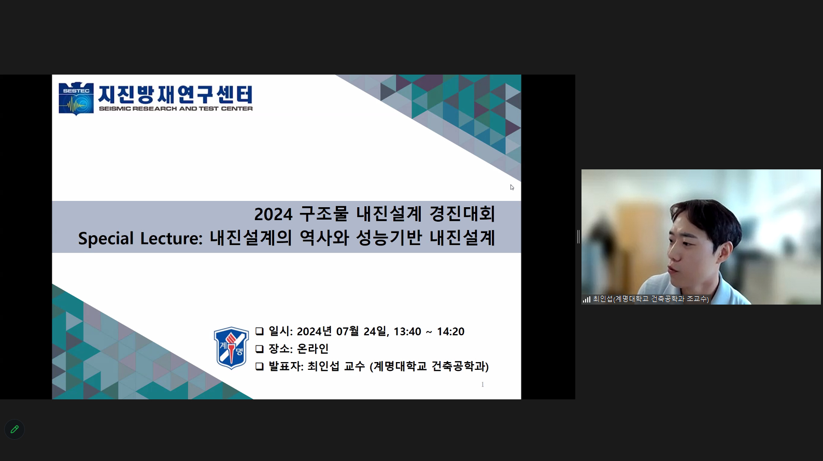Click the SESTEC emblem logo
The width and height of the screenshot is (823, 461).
click(76, 98)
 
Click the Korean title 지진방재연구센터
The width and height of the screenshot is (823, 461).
click(176, 94)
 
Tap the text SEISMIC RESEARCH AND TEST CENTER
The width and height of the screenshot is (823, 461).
click(176, 109)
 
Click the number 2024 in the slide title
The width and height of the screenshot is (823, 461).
click(273, 214)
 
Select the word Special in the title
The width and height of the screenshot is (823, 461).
click(106, 238)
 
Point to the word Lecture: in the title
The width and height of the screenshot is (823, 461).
click(171, 238)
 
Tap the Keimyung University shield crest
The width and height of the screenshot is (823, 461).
click(231, 348)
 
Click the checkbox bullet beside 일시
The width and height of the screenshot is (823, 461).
click(260, 332)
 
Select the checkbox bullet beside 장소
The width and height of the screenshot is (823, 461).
click(260, 349)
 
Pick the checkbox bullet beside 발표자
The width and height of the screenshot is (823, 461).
click(260, 366)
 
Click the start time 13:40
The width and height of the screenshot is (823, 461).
click(407, 332)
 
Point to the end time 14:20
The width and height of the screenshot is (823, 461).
click(451, 332)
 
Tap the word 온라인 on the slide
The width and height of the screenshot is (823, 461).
click(313, 349)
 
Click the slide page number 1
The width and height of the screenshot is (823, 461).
click(483, 384)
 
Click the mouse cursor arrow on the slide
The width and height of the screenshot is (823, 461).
click(512, 188)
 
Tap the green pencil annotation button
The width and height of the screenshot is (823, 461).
click(15, 429)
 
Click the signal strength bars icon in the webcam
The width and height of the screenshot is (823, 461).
click(586, 299)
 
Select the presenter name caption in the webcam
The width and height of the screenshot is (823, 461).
click(651, 299)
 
